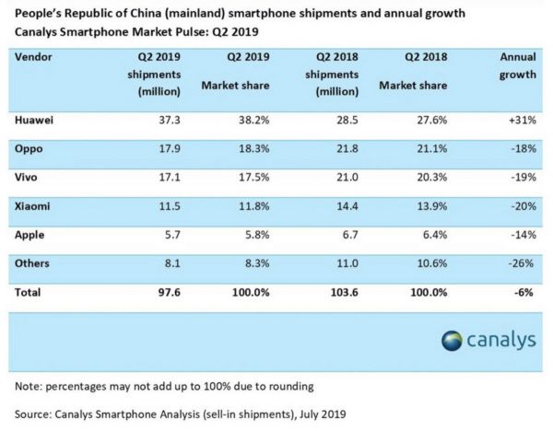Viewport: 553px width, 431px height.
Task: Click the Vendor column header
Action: pyautogui.click(x=34, y=56)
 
